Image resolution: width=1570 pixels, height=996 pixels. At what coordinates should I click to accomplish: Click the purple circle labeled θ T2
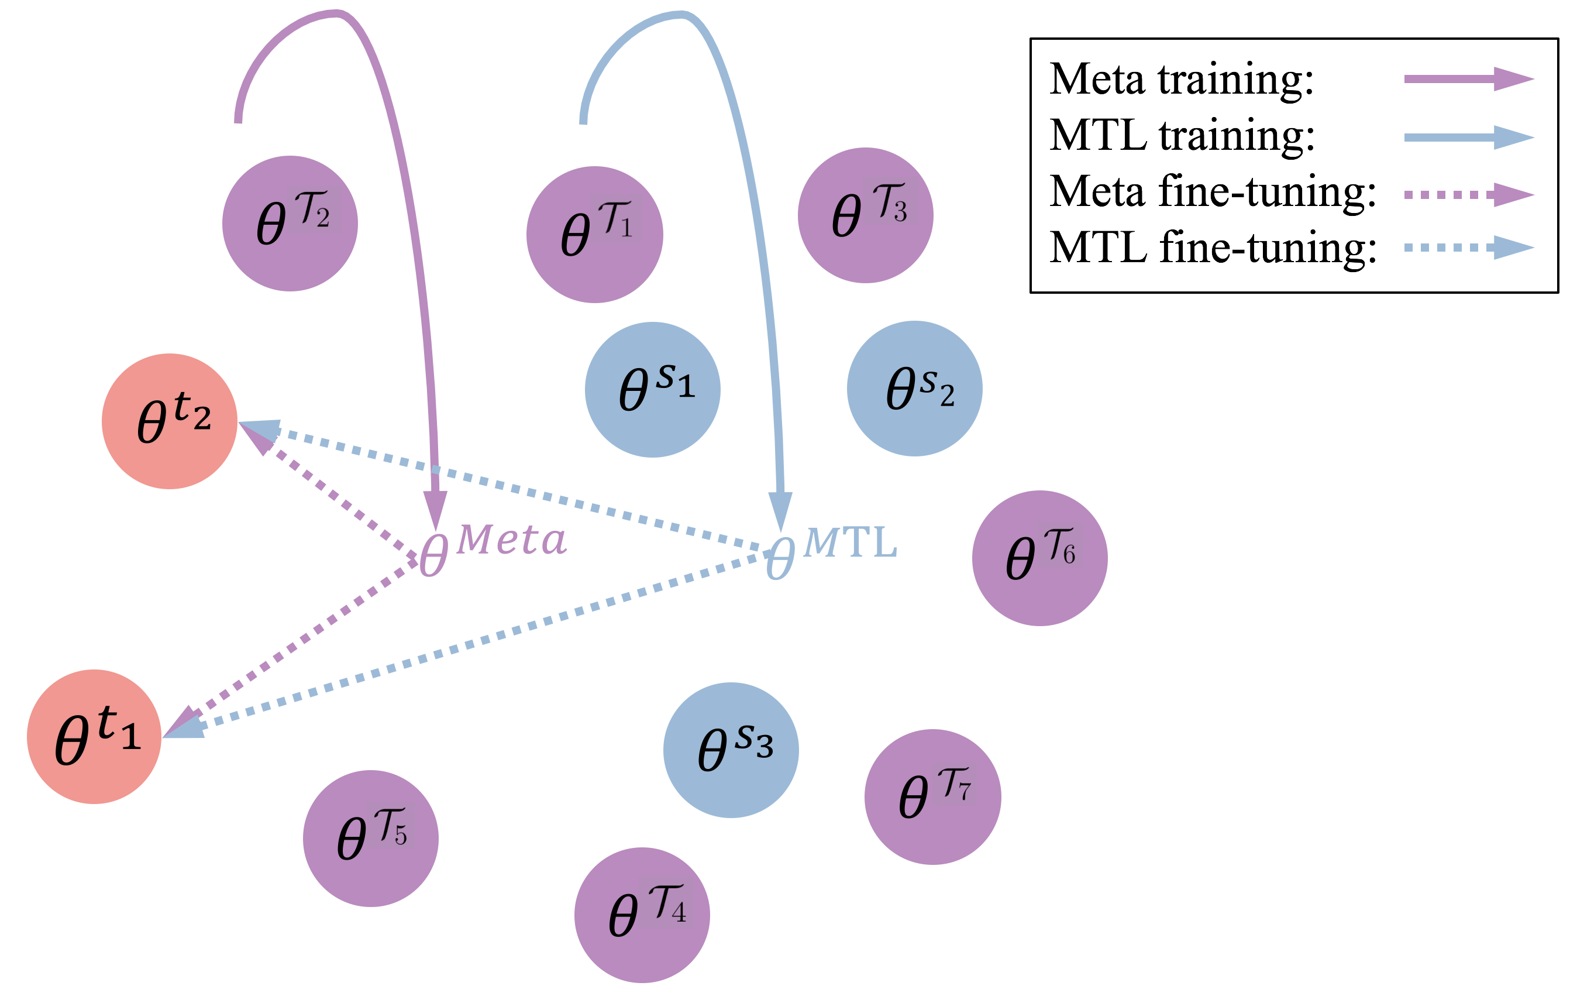pos(290,224)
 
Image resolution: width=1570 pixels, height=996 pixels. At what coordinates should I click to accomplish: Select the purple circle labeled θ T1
pos(595,235)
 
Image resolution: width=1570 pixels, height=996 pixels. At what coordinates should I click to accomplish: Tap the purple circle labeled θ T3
pos(865,215)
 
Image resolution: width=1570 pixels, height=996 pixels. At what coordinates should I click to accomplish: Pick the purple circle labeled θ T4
pos(642,915)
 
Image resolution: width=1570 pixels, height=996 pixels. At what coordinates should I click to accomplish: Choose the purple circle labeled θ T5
pos(370,839)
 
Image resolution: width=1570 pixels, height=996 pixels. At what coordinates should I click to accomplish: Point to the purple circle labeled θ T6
pos(1039,558)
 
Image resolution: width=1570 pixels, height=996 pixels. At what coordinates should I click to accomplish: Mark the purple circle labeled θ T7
pos(932,797)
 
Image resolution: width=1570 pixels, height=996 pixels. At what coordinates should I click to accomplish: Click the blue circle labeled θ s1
pos(653,389)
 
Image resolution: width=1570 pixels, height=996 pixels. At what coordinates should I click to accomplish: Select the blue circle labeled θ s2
pos(915,389)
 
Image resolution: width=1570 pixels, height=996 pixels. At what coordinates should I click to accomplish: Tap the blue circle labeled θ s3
pos(731,750)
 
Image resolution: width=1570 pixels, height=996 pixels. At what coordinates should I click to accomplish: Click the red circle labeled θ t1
pos(94,736)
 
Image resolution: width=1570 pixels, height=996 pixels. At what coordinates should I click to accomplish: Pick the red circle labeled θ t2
pos(170,421)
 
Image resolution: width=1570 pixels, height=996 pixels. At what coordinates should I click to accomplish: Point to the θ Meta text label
pos(493,549)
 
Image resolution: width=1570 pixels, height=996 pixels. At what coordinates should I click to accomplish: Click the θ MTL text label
pos(831,551)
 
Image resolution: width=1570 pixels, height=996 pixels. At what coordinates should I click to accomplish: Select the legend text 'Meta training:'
pos(1182,80)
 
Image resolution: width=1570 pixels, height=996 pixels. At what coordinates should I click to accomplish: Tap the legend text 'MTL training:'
pos(1182,136)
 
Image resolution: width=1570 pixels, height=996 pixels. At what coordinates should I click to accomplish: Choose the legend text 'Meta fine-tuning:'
pos(1213,192)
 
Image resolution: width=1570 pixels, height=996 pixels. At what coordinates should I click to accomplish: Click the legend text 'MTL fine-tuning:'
pos(1213,248)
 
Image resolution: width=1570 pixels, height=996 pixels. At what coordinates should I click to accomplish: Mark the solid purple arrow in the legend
pos(1469,79)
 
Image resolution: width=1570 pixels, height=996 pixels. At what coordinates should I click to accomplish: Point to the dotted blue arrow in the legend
pos(1469,247)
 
